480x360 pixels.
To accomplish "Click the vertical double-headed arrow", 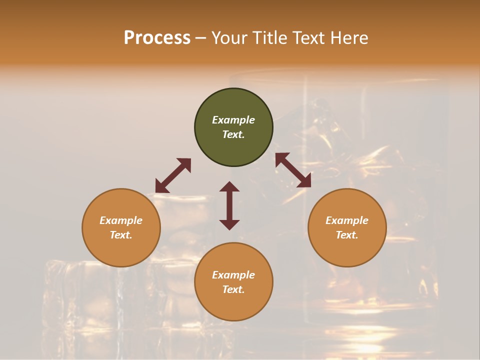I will tap(229, 205).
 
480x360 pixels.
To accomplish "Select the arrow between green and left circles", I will tap(173, 175).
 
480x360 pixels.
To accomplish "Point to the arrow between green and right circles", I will tap(293, 170).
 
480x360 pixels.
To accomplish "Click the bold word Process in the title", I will tap(157, 38).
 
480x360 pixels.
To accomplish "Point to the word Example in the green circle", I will tap(233, 120).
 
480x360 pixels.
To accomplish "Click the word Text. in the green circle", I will tap(233, 134).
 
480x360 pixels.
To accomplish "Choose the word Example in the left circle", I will tap(121, 220).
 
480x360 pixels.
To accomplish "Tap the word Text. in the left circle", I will tap(121, 235).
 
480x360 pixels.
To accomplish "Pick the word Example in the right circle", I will tap(347, 220).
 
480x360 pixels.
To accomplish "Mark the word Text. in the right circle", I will tap(347, 235).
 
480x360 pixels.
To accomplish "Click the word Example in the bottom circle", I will tap(233, 275).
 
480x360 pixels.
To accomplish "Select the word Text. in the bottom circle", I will tap(233, 289).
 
